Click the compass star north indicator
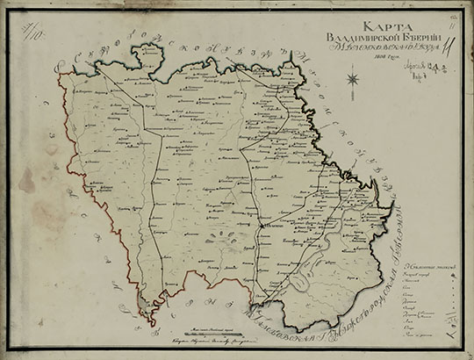pos(353,80)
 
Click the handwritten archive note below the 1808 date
pos(428,78)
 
